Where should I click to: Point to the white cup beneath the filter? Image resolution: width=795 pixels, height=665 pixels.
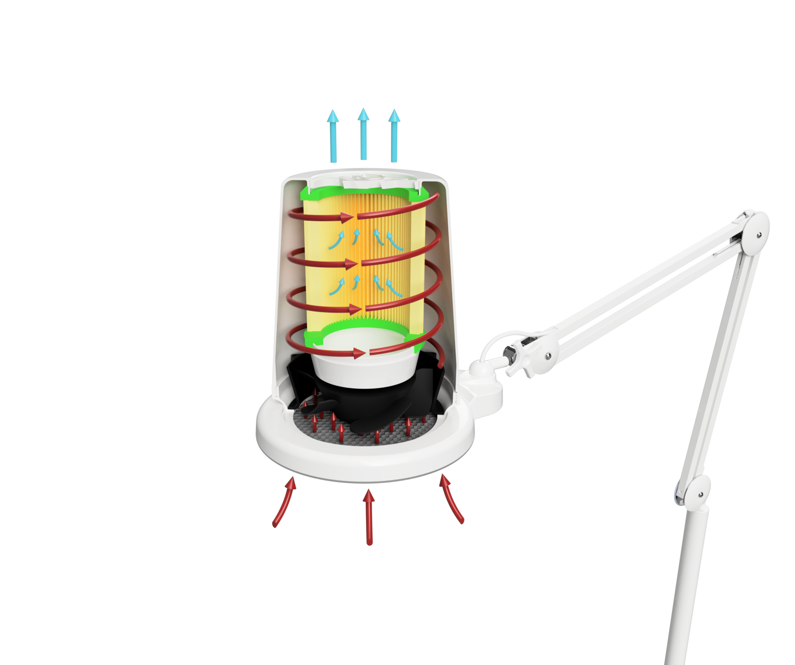[x=364, y=365]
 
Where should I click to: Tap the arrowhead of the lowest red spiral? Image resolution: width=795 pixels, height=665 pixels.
[x=360, y=352]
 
